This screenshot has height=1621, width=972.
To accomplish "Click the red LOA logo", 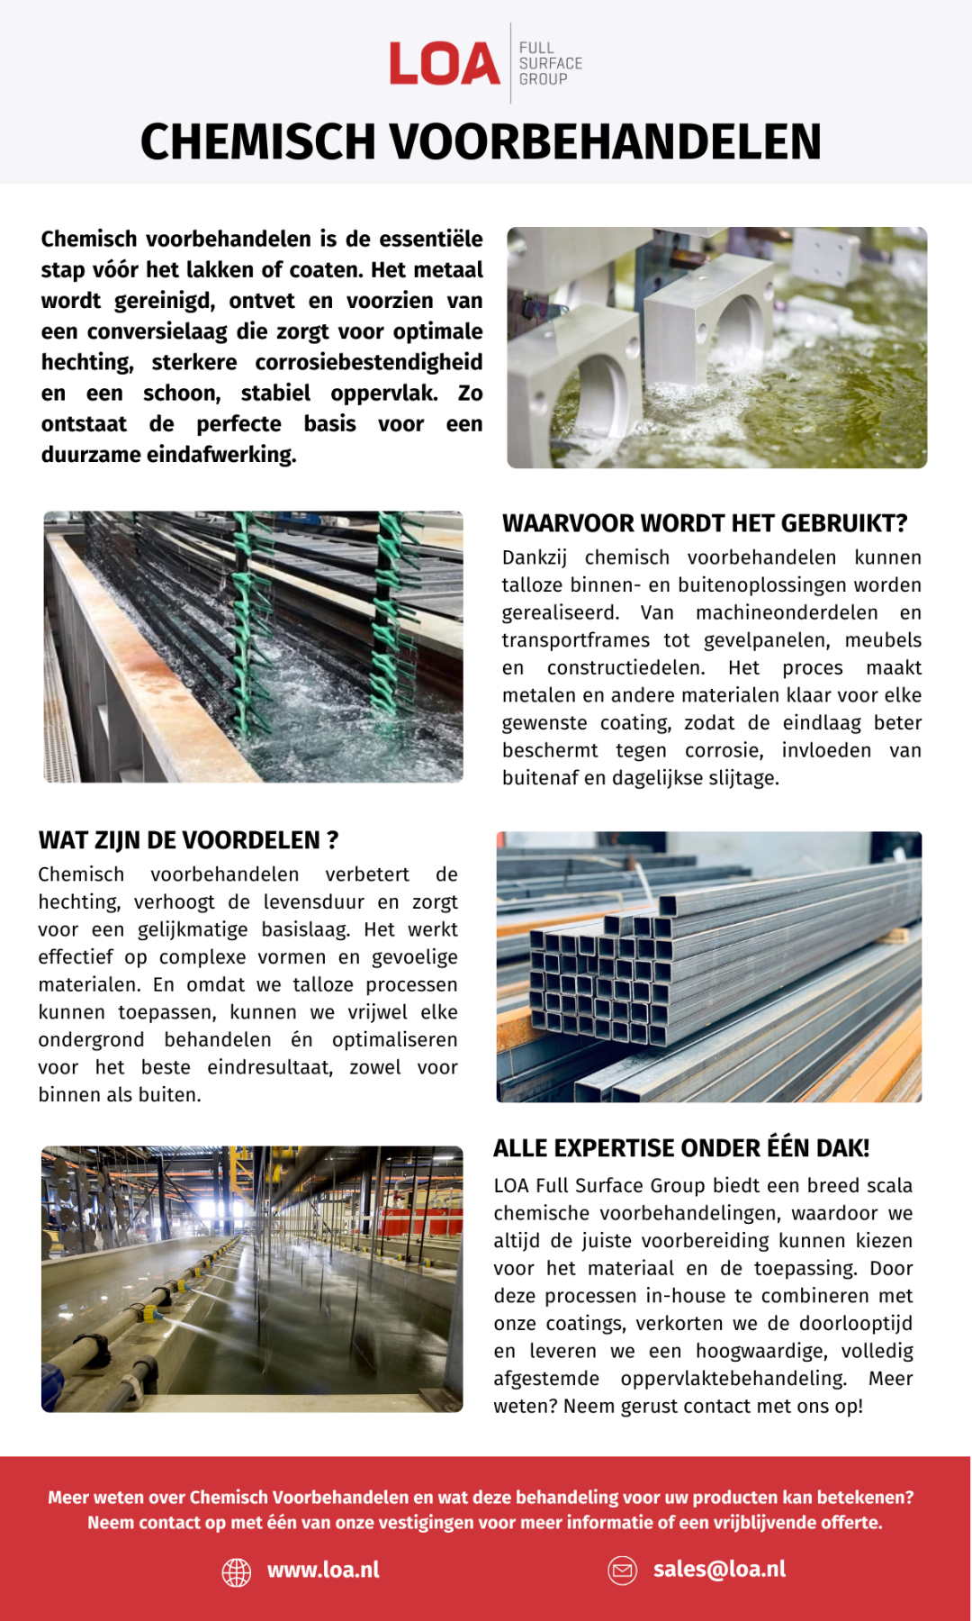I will pos(445,64).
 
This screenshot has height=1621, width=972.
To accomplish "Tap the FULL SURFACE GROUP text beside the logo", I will pos(550,64).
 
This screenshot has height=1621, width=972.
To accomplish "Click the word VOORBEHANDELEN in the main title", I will pos(606,142).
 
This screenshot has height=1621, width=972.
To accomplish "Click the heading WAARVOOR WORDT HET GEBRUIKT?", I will pos(704,523).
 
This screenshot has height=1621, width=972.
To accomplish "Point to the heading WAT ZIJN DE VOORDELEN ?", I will pos(188,840).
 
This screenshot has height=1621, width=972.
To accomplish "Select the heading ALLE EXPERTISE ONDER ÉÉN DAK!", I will pos(680,1148).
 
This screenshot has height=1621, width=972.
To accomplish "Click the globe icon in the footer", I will pos(237,1571).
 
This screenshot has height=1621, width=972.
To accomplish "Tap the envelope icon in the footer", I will pos(622,1571).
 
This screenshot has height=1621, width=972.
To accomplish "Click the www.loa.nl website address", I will pos(323,1571).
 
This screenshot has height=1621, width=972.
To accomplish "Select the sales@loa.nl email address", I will pos(719,1570).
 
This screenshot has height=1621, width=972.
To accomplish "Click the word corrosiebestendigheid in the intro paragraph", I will pos(368,362).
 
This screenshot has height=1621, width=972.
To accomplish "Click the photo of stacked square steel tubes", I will pos(708,966).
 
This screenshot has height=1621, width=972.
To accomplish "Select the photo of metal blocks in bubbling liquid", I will pos(716,348).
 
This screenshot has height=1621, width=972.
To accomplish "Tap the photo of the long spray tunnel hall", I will pos(252,1279).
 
